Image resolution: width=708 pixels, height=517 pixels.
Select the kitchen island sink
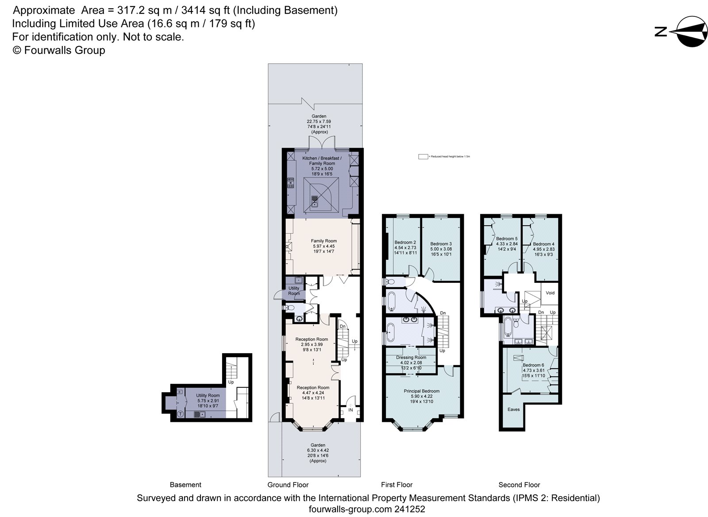point(315,202)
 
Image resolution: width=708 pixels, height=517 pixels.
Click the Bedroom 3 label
point(441,244)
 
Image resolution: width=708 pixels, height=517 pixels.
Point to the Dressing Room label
point(411,357)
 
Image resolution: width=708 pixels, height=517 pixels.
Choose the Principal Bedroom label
point(421,391)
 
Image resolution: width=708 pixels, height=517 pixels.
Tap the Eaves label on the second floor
point(513,409)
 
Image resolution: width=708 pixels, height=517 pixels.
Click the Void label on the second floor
point(550,293)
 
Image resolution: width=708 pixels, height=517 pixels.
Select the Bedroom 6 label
point(533,365)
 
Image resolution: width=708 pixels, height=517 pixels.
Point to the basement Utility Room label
point(208,396)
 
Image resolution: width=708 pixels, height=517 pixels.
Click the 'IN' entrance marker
point(350,410)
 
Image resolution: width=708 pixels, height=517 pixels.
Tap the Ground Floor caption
point(288,485)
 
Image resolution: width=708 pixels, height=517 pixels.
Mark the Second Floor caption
point(519,485)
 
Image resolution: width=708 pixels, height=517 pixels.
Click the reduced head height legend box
point(423,157)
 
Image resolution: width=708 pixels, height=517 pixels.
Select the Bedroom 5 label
point(507,239)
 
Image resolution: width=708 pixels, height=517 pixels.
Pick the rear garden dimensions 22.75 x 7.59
point(319,121)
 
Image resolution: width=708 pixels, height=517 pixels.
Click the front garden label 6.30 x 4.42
point(318,451)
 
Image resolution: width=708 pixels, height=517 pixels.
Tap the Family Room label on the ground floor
point(323,241)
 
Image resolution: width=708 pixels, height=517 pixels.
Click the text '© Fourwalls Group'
point(59,50)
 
